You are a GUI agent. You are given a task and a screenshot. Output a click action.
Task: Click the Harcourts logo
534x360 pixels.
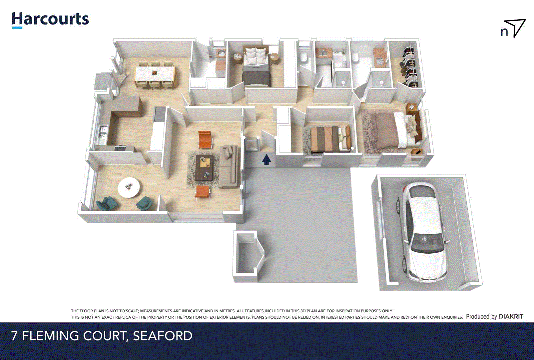tap(50, 20)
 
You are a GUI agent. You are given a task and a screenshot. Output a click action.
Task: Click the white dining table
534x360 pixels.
tap(155, 73)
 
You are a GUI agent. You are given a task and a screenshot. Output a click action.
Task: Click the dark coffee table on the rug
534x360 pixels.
tap(204, 167)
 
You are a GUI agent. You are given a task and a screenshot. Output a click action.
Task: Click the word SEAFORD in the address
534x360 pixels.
tap(163, 336)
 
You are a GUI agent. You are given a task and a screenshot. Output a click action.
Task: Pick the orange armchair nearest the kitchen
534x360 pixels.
tap(205, 139)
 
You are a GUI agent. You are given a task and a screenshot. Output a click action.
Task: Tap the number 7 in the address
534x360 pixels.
tap(14, 336)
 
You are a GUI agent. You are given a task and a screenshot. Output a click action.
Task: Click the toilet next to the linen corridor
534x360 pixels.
tap(303, 58)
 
